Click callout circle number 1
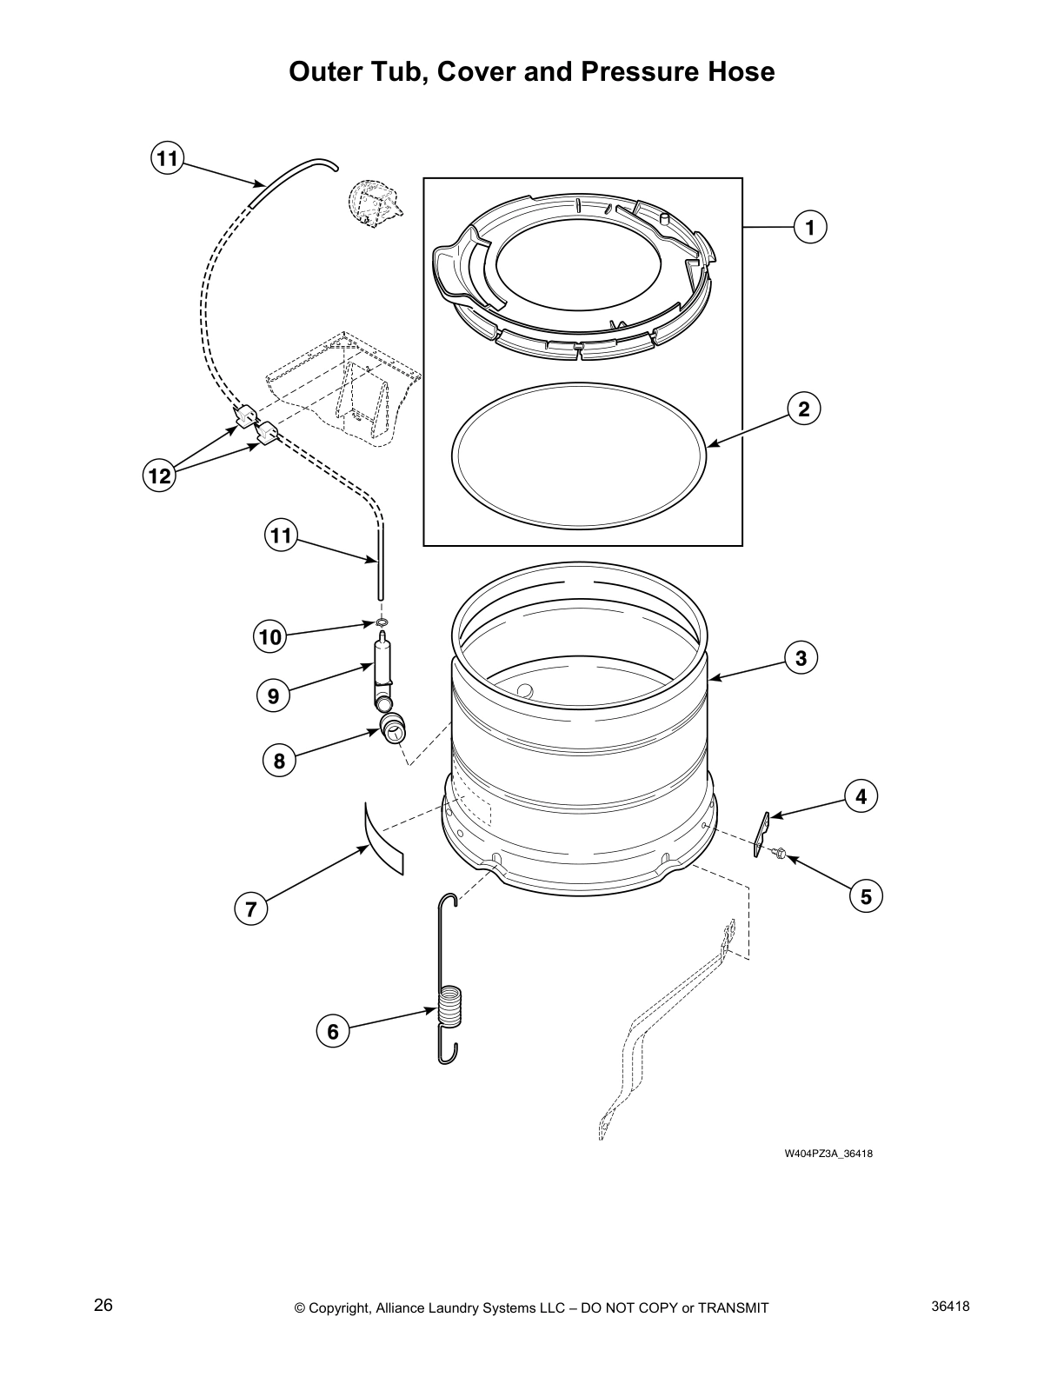point(809,228)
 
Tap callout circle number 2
point(804,409)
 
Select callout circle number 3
point(801,658)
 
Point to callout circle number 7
point(251,909)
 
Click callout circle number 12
point(160,476)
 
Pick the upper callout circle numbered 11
point(166,158)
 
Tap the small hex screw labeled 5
point(779,855)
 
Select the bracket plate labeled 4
point(762,830)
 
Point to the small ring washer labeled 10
point(382,622)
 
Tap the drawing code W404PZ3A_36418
point(828,1154)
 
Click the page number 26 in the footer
point(103,1305)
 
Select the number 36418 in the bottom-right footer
point(949,1305)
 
